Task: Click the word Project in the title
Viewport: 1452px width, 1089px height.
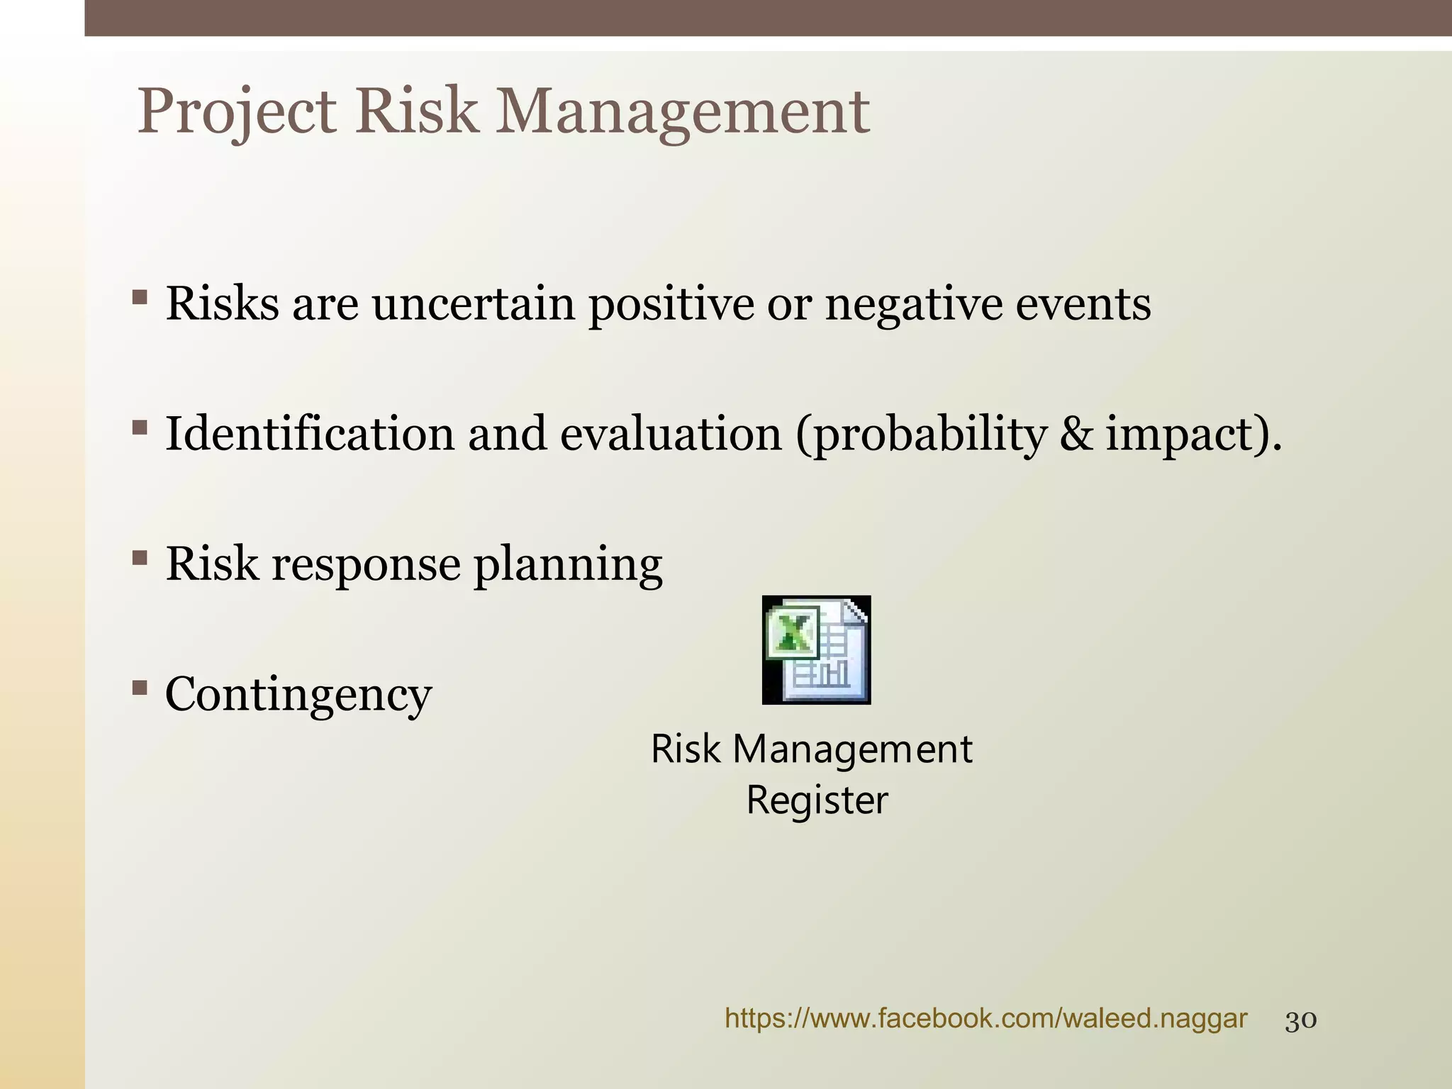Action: tap(236, 112)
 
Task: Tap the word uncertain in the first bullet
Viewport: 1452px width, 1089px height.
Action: tap(473, 304)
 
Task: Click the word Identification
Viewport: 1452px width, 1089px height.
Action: tap(309, 434)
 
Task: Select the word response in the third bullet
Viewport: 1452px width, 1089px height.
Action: tap(365, 564)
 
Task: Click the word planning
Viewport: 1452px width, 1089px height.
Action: tap(568, 564)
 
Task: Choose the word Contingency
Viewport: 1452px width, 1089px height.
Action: tap(298, 694)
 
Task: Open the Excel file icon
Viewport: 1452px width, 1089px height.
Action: tap(816, 649)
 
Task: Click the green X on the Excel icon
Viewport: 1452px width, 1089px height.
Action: tap(791, 632)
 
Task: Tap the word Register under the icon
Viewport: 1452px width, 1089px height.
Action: tap(816, 800)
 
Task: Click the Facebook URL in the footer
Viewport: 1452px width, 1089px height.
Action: tap(985, 1019)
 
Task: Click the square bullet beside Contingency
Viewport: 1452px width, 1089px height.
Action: tap(139, 687)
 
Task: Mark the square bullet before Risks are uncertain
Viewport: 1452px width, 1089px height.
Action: tap(139, 296)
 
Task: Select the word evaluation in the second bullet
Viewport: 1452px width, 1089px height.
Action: tap(671, 434)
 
